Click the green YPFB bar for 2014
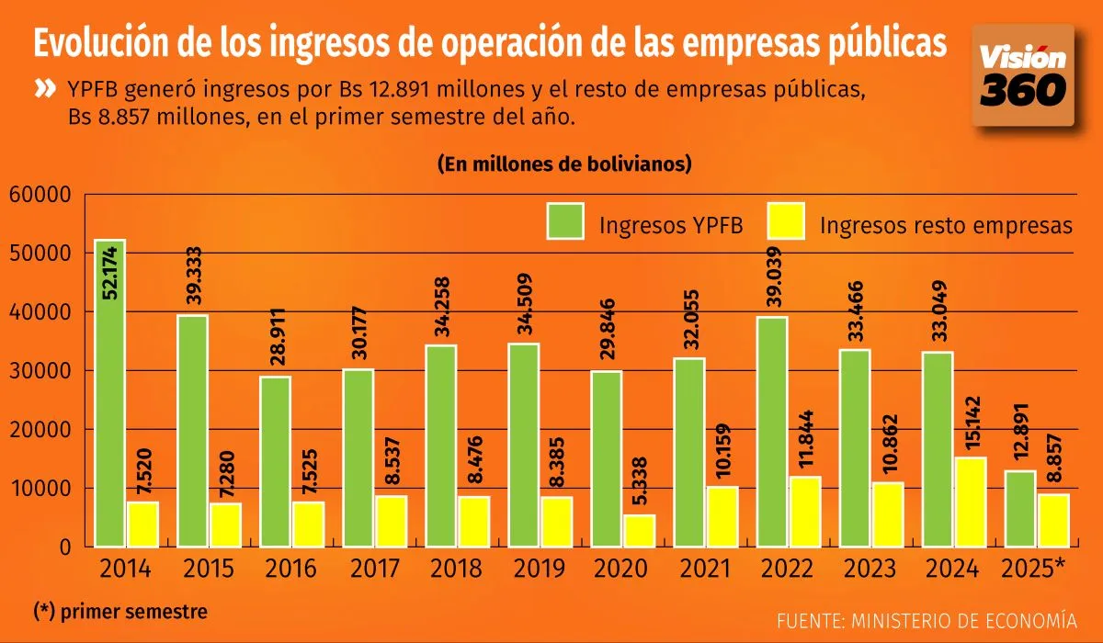(109, 395)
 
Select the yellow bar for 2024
(971, 502)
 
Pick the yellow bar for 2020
(640, 530)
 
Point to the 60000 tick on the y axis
(40, 194)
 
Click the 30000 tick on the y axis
(40, 370)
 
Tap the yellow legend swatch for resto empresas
(785, 222)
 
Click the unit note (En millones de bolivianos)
(564, 164)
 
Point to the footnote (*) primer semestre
(120, 611)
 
